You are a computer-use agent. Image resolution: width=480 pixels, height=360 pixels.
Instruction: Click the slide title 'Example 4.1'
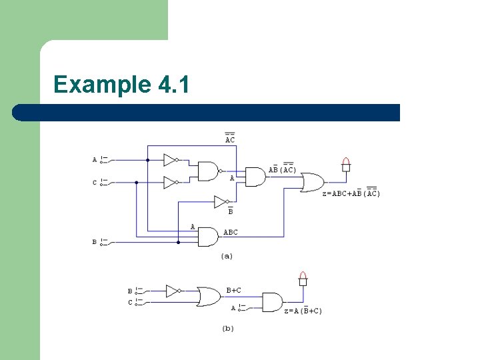(x=121, y=85)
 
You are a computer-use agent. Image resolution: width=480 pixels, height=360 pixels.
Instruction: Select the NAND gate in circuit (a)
(x=208, y=171)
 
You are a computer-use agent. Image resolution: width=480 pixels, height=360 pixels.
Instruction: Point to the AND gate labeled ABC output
(x=208, y=237)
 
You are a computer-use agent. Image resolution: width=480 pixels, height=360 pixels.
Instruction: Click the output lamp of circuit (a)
(x=345, y=164)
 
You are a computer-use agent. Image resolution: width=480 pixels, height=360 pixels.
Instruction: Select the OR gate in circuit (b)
(x=209, y=296)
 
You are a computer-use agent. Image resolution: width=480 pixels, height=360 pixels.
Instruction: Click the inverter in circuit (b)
(x=173, y=291)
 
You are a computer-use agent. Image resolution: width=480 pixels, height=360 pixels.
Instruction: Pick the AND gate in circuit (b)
(x=272, y=302)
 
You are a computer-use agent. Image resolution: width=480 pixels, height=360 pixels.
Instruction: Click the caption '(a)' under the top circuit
(x=227, y=255)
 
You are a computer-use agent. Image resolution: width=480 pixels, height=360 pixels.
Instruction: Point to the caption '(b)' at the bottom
(x=227, y=328)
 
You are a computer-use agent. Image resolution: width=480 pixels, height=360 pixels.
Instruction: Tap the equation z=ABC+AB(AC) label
(x=351, y=193)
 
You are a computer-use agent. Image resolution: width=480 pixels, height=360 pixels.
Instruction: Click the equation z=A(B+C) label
(x=303, y=311)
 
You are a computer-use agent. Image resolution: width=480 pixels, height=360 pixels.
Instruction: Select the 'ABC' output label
(x=230, y=233)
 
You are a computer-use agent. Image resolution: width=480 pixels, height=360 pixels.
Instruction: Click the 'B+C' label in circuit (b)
(x=233, y=290)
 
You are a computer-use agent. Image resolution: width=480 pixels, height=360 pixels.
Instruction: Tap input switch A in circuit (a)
(x=102, y=160)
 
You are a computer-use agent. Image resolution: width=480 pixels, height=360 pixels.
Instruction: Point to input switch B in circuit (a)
(x=102, y=242)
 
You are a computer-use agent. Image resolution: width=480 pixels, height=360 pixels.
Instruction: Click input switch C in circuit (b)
(x=137, y=302)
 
